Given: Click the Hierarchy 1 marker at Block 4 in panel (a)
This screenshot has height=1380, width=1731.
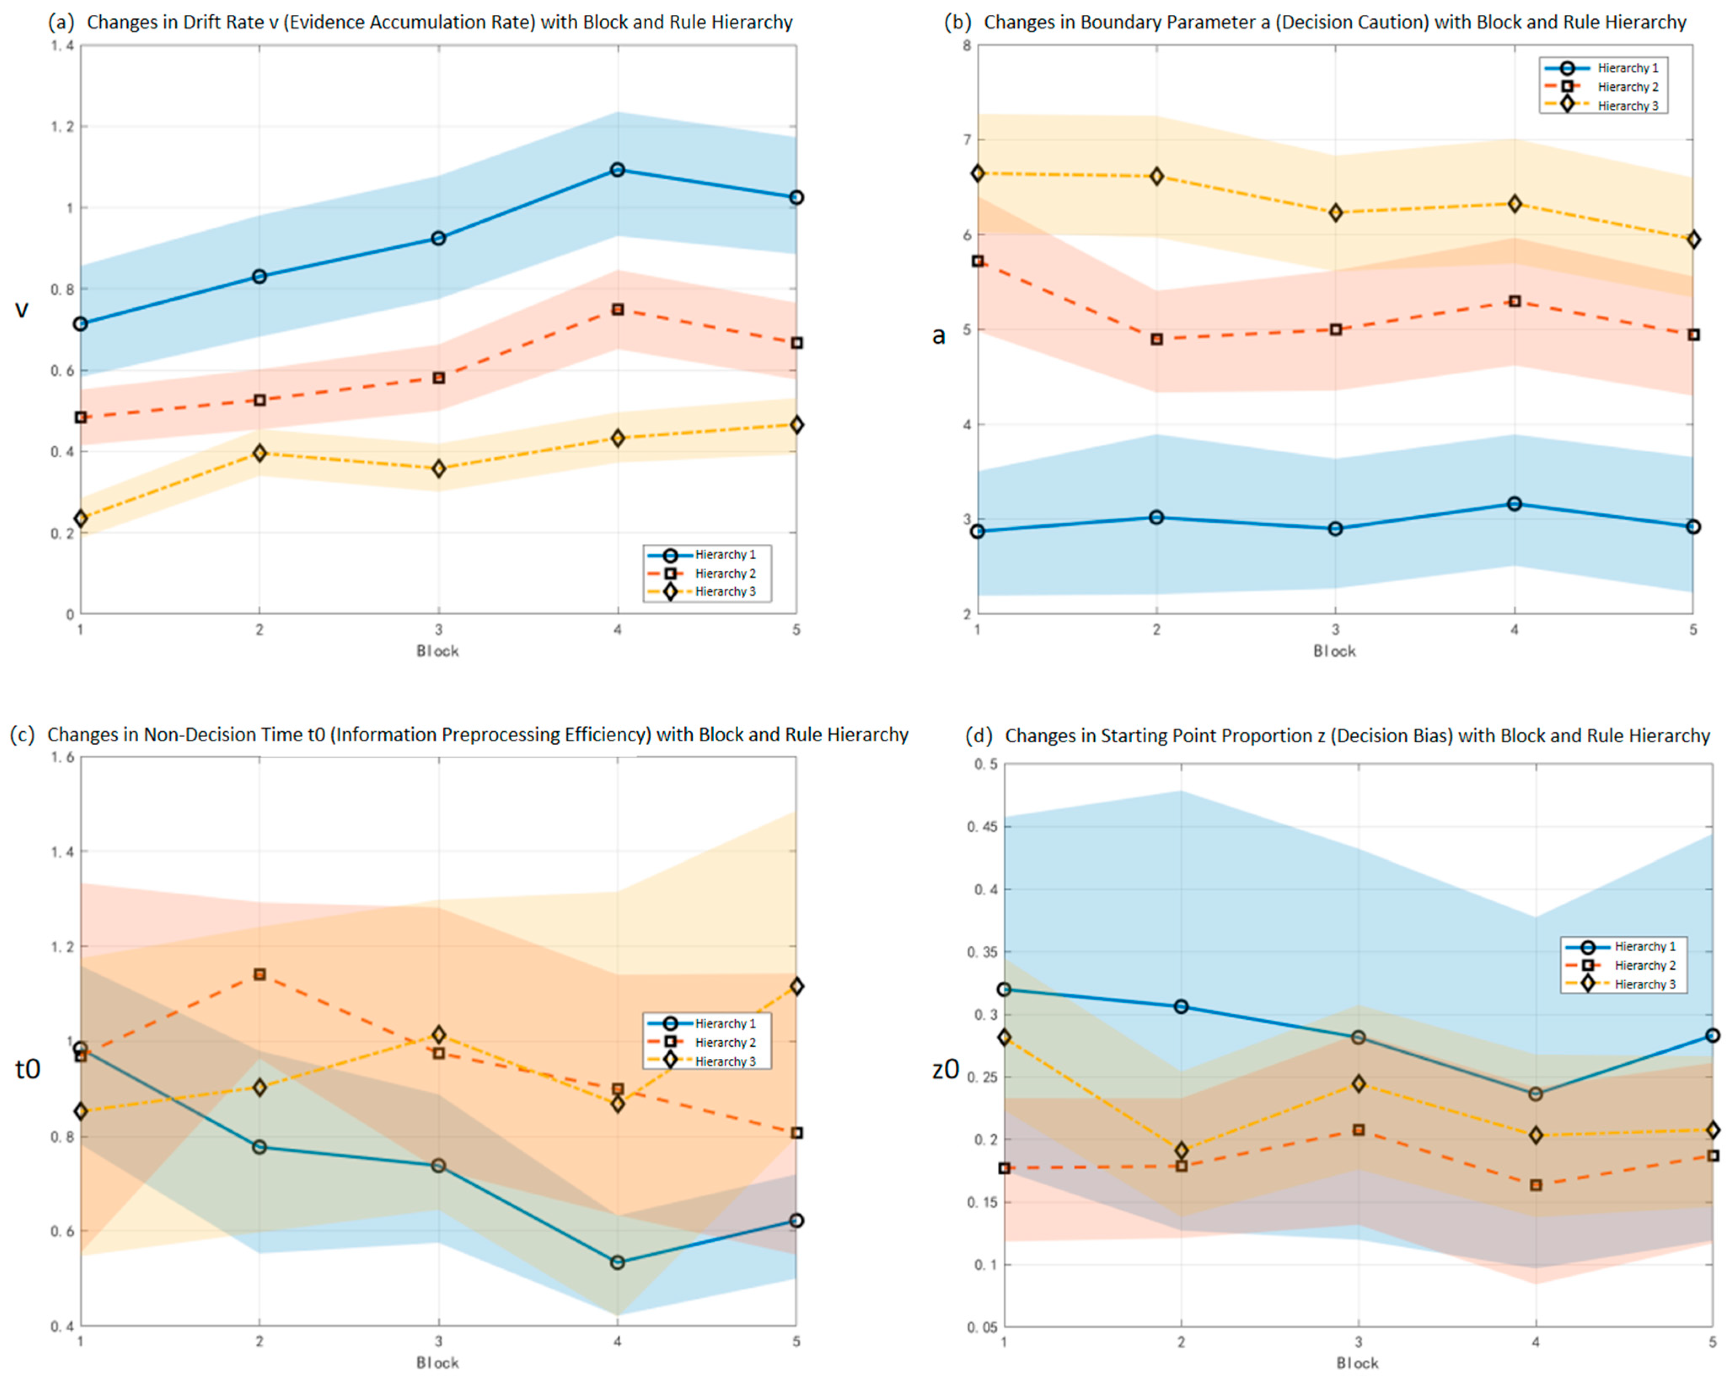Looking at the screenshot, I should coord(617,169).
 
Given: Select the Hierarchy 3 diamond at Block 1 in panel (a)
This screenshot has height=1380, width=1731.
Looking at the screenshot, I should coord(80,518).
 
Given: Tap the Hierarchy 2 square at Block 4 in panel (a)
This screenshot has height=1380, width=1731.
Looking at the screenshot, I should coord(617,309).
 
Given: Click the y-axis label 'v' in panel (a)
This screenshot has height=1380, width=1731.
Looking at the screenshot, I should coord(21,309).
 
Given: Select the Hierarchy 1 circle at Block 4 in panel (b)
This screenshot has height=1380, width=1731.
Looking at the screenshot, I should coord(1514,504).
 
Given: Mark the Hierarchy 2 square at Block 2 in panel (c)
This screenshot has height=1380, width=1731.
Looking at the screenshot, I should coord(259,975).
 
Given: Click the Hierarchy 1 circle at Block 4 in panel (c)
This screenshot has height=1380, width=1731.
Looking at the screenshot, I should coord(617,1263).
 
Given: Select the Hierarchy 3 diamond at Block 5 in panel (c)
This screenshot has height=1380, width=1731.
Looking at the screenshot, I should coord(796,986).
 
